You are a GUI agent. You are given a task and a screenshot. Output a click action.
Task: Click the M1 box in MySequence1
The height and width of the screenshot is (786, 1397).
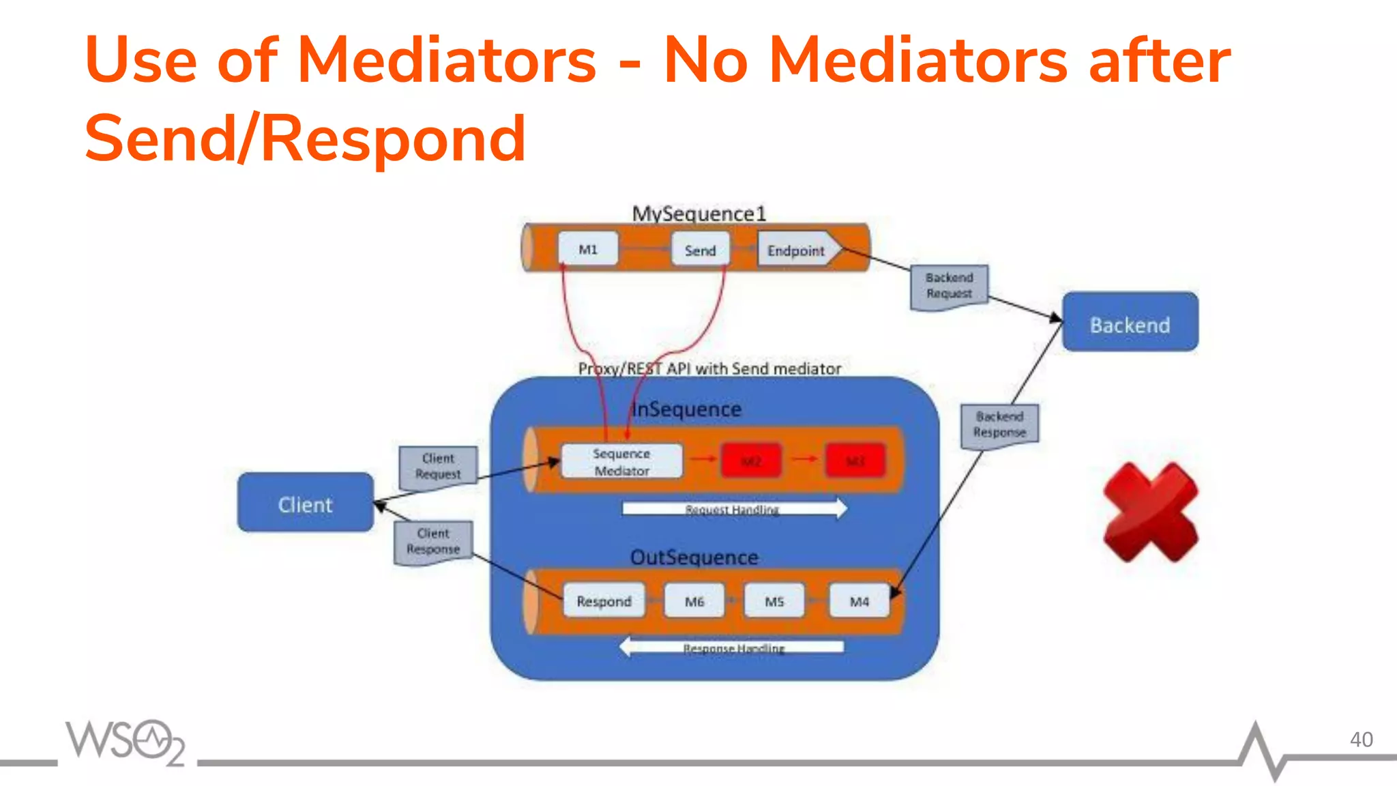(x=588, y=249)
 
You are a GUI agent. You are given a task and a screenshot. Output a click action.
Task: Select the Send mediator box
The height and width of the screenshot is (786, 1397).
(x=700, y=250)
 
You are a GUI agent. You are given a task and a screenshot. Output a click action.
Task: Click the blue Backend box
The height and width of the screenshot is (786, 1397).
(x=1130, y=322)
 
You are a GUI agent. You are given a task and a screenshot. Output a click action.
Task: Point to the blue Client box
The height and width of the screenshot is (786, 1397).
(x=305, y=503)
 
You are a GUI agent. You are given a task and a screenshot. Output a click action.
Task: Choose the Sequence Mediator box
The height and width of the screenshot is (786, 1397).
(x=621, y=461)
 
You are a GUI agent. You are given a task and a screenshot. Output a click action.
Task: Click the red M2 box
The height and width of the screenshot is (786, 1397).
(x=751, y=461)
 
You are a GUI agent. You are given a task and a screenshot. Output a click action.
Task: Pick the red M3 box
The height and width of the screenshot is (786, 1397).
(x=855, y=461)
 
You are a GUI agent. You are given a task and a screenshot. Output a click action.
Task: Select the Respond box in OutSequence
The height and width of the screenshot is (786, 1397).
(x=604, y=600)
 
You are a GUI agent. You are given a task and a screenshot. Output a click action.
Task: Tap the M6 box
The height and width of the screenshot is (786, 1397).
(x=694, y=600)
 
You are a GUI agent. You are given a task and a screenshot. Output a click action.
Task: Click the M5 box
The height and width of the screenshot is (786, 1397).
(x=774, y=600)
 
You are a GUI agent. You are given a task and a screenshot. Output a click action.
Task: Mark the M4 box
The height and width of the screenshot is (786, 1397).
(x=859, y=600)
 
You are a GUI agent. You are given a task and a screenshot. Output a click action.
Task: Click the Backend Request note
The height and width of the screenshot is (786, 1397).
(x=949, y=287)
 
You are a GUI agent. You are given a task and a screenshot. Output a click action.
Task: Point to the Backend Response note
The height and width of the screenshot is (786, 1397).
(x=999, y=425)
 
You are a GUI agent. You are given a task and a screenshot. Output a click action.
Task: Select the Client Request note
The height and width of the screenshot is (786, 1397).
(x=438, y=467)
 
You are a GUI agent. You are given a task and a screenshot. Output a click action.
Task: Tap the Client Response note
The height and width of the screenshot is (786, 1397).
(x=433, y=542)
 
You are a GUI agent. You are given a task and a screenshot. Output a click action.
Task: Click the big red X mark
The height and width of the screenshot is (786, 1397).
(x=1151, y=512)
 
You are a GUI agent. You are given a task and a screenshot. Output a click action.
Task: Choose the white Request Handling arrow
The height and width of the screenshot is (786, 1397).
(x=734, y=508)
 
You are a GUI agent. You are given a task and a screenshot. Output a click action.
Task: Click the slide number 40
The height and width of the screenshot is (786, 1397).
(x=1361, y=740)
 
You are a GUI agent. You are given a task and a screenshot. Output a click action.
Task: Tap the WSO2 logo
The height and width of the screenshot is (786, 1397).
(x=125, y=742)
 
